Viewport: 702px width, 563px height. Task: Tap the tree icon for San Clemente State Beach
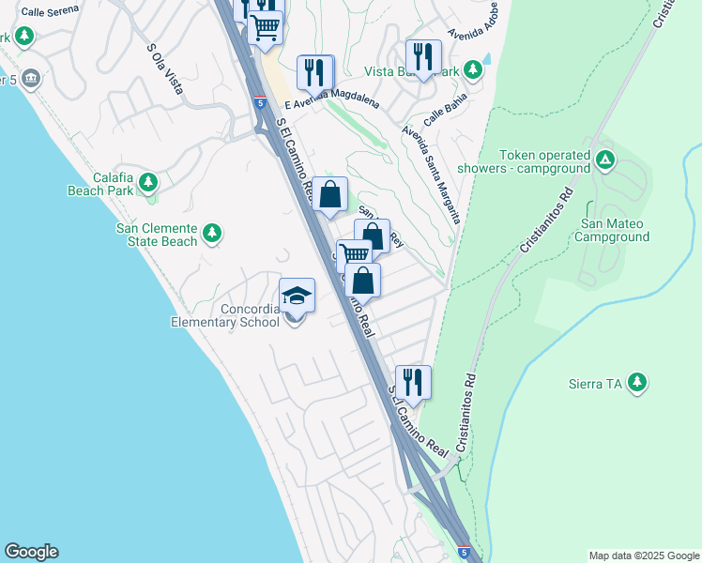click(x=212, y=233)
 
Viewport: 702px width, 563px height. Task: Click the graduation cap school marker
click(x=297, y=296)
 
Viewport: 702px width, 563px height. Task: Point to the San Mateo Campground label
click(x=615, y=230)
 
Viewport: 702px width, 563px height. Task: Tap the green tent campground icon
click(x=605, y=160)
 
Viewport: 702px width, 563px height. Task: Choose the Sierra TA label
click(x=596, y=383)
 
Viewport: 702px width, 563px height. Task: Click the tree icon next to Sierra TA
click(x=638, y=382)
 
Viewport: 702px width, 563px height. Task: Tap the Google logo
click(x=31, y=552)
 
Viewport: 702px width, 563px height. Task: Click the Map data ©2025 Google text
click(x=644, y=555)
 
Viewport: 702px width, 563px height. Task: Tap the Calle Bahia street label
click(x=443, y=117)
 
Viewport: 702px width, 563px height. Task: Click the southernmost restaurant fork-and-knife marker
click(x=413, y=382)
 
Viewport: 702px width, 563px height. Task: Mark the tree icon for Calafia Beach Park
click(x=147, y=182)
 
